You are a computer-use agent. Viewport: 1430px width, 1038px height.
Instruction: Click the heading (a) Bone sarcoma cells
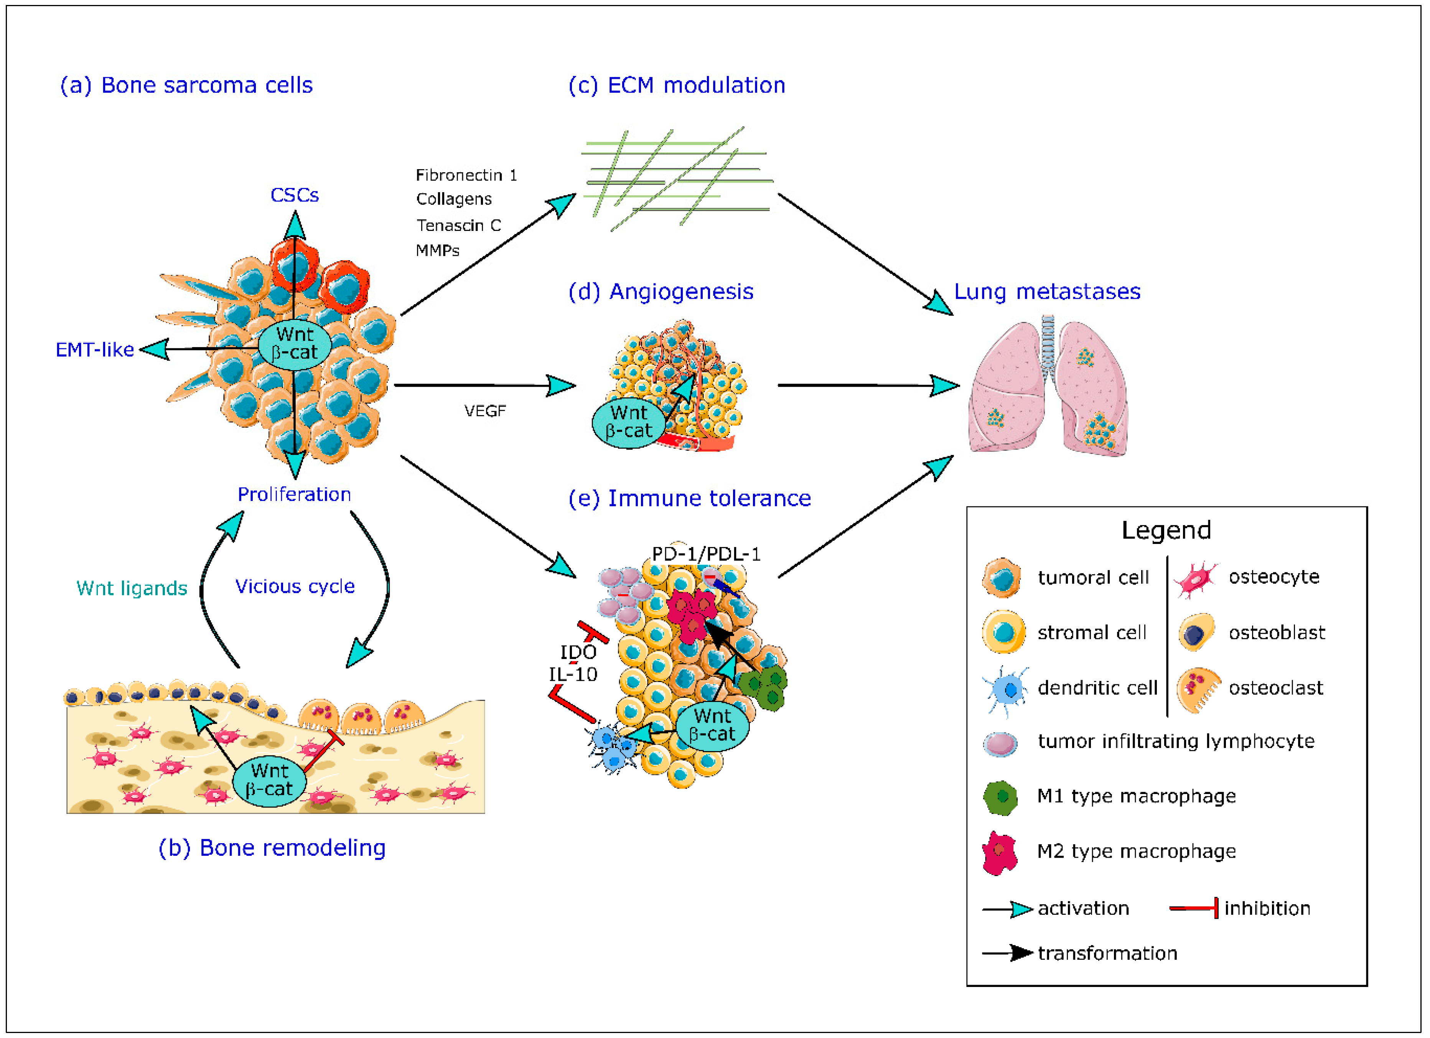[x=186, y=85]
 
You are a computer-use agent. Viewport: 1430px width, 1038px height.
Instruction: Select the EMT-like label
[x=95, y=350]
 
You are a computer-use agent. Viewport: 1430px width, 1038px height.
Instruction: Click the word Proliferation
[x=294, y=494]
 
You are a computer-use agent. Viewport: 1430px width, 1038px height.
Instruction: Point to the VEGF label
[x=485, y=411]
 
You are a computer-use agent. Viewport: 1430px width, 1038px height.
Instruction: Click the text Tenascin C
[x=458, y=225]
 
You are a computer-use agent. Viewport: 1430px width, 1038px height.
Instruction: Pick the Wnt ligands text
[x=132, y=588]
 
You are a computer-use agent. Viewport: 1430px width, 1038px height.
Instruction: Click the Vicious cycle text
[x=295, y=587]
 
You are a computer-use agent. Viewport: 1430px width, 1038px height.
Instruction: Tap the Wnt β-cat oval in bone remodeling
[x=269, y=780]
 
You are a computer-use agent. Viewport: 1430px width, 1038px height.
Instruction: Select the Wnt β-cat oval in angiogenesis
[x=629, y=422]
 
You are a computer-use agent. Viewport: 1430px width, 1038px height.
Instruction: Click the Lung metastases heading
[x=1047, y=292]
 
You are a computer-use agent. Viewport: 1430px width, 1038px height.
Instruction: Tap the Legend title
[x=1166, y=531]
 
